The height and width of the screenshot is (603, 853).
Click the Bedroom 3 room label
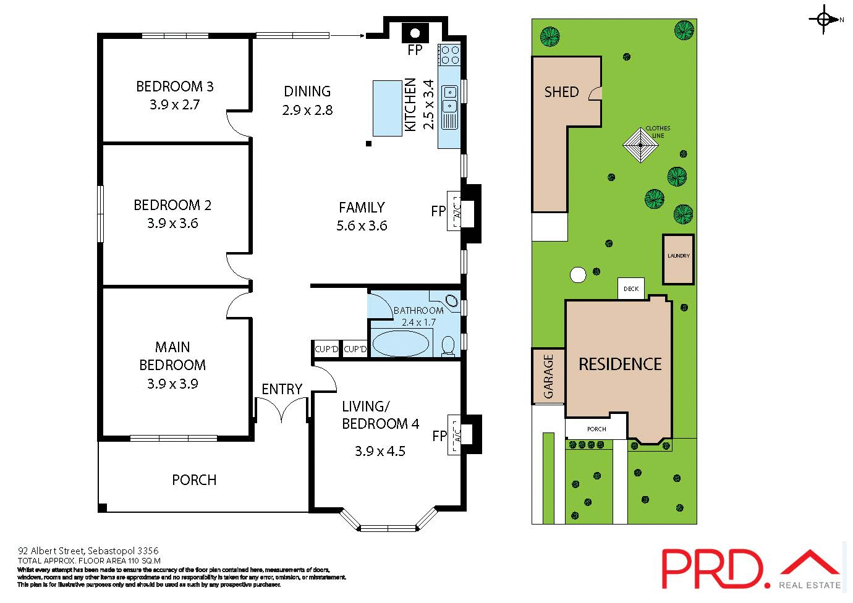(174, 86)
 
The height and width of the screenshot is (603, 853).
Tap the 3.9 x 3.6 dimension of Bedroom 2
(172, 224)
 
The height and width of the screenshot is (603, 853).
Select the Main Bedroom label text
(172, 356)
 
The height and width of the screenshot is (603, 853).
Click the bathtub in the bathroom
(401, 344)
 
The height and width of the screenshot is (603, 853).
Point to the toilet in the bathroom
(448, 346)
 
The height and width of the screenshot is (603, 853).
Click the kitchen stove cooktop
(449, 54)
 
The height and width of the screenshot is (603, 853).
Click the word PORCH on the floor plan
(194, 480)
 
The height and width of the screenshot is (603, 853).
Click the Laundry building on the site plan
(678, 259)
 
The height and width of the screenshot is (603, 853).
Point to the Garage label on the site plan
(548, 376)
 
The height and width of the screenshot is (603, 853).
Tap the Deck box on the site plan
(631, 289)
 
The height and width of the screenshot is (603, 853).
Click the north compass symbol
(824, 19)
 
